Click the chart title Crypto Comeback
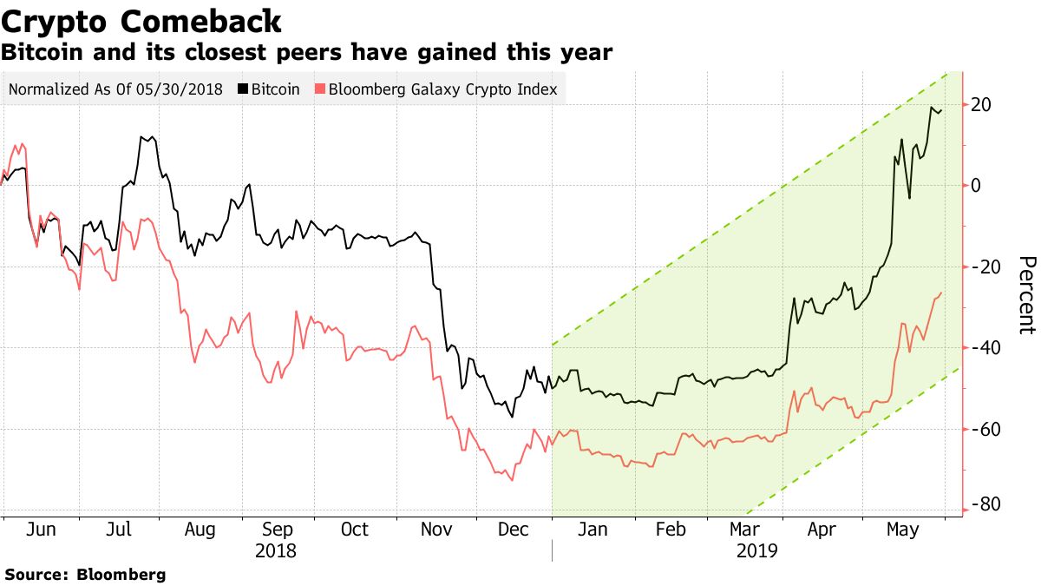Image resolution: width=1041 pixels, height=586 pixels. pos(141,21)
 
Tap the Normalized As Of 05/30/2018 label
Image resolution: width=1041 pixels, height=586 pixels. pos(115,89)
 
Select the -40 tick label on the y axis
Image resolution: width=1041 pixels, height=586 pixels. pos(988,347)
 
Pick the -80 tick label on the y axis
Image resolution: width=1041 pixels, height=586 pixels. pos(988,504)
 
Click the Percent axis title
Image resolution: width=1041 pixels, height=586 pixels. pos(1025,295)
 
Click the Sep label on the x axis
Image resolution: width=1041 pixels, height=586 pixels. pos(277,530)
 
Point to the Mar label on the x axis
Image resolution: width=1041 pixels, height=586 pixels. pos(743,530)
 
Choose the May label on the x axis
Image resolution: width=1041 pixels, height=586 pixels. pos(902,530)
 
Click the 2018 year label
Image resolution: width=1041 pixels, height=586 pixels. pos(276,551)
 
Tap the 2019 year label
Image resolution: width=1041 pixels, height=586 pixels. pos(756,551)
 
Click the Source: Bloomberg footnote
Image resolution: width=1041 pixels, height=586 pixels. pos(85,575)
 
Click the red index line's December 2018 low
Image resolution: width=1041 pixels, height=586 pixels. pos(511,480)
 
